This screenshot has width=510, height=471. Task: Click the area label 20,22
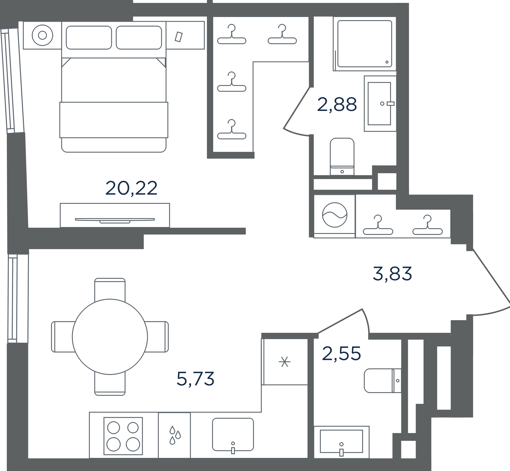[131, 188]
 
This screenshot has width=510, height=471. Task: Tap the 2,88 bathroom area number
[337, 104]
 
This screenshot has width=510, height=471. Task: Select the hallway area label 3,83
[392, 274]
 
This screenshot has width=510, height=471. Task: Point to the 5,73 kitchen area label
[195, 379]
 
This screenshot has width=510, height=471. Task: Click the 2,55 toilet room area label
[341, 353]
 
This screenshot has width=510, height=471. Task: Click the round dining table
[110, 337]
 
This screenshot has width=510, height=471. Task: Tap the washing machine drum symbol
[335, 215]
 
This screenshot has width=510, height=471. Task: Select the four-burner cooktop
[123, 436]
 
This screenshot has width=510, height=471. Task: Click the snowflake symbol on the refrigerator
[285, 362]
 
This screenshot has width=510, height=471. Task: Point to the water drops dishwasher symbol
[175, 435]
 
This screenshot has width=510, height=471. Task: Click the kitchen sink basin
[233, 434]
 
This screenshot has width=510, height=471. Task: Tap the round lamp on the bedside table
[42, 35]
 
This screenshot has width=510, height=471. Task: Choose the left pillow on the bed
[89, 37]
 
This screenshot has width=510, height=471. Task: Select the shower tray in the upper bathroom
[364, 44]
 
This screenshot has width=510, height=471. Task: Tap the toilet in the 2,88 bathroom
[342, 156]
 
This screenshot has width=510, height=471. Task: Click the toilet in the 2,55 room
[383, 381]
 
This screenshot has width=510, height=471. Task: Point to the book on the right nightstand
[178, 37]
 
